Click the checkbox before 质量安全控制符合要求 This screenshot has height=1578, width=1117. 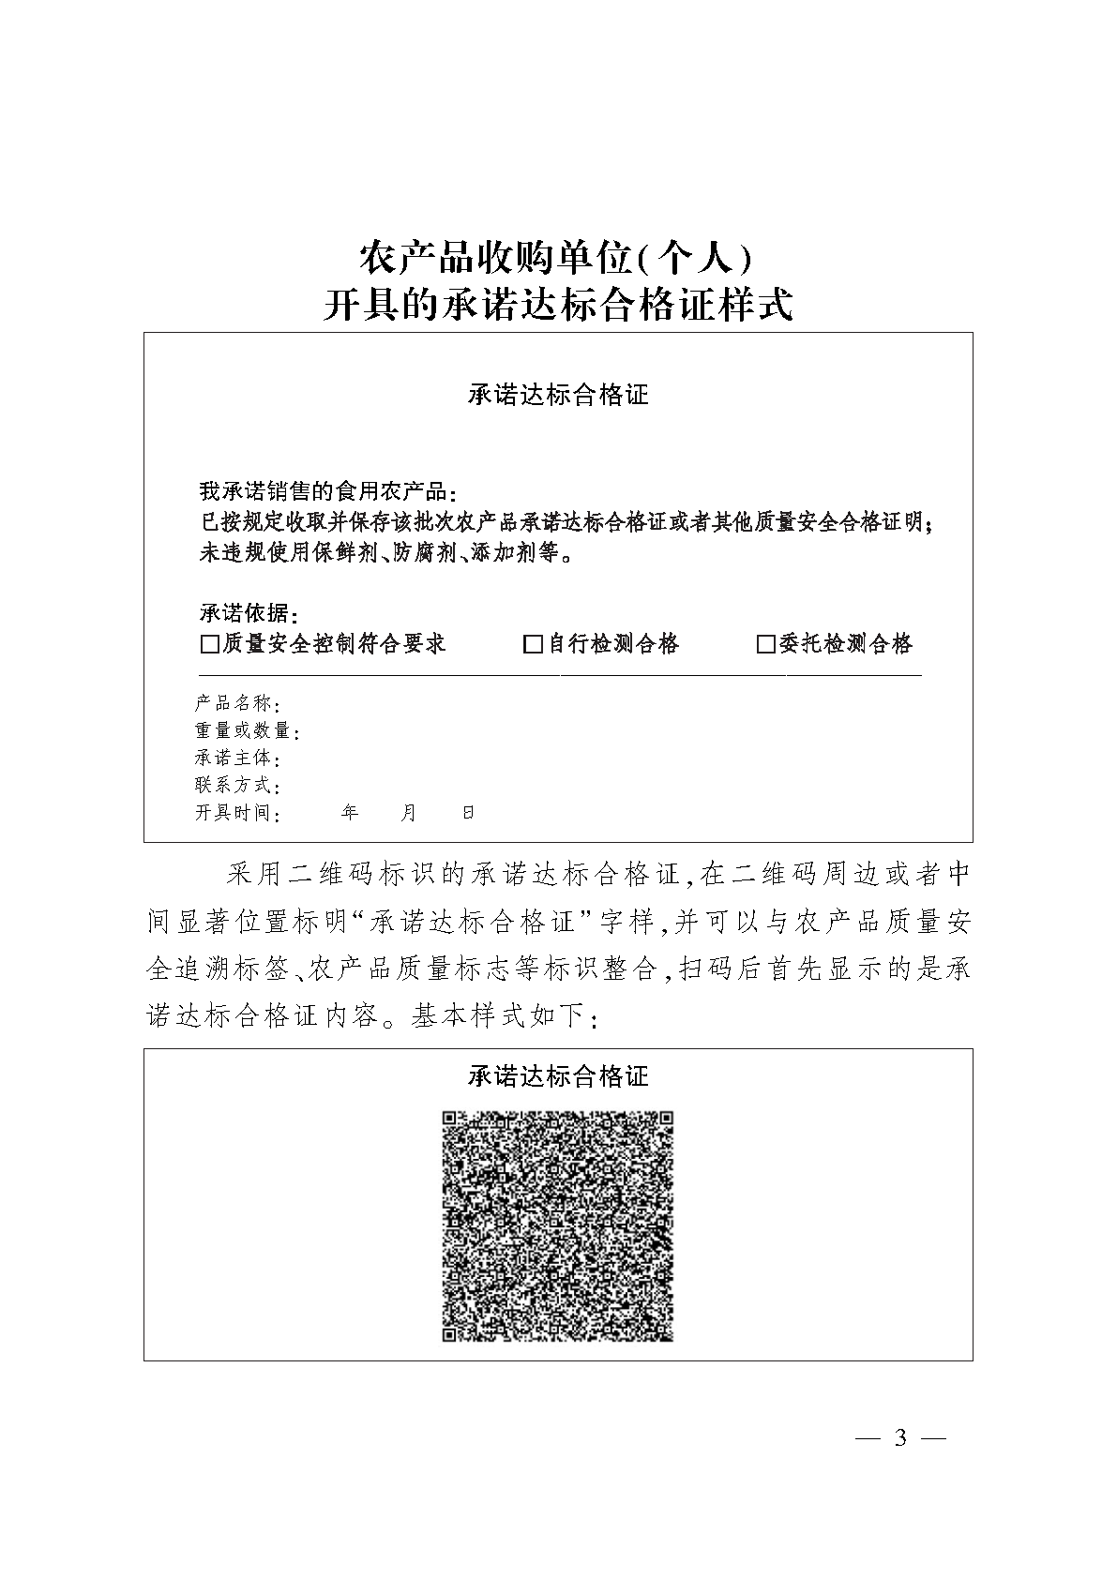coord(209,645)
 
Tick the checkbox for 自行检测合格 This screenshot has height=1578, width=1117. coord(533,645)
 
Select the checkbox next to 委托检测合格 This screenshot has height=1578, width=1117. coord(765,645)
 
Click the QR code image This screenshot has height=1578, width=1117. coord(558,1226)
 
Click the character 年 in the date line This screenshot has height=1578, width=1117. coord(350,813)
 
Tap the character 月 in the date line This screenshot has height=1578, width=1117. coord(408,813)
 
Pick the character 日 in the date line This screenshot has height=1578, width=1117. coord(467,813)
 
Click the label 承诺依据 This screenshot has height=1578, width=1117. coord(246,614)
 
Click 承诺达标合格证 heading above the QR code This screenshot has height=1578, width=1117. coord(558,1076)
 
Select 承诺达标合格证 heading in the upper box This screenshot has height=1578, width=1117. coord(558,395)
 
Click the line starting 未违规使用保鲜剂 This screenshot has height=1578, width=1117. coord(385,552)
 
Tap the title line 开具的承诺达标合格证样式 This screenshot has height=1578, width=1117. coord(558,305)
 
